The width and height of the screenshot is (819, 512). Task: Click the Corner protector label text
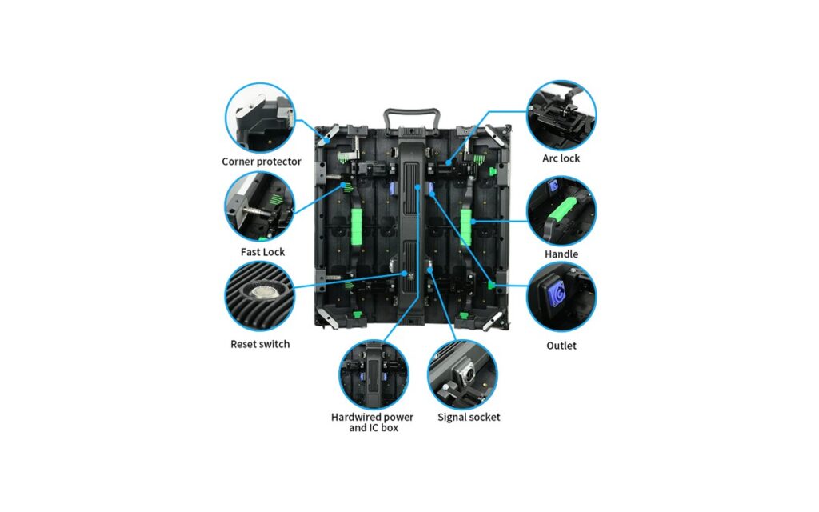(262, 162)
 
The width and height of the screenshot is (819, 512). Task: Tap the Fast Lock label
(262, 252)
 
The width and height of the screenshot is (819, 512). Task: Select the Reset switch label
(260, 344)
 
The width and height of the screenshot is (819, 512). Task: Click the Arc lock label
(561, 158)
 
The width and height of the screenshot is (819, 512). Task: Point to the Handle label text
(561, 254)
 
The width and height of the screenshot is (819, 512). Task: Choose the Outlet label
(561, 346)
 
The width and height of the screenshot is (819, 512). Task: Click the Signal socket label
(469, 417)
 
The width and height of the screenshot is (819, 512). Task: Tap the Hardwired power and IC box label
(373, 422)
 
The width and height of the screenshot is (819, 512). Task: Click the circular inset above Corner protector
(260, 118)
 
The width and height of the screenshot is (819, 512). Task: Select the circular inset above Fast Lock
(260, 207)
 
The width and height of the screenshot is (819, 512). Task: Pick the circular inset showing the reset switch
(260, 296)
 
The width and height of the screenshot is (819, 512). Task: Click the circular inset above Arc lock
(561, 115)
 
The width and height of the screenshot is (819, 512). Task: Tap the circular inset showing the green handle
(561, 210)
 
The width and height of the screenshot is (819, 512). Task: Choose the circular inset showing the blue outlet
(561, 298)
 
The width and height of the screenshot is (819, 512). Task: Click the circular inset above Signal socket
(462, 374)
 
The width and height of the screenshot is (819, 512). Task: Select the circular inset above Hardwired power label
(374, 374)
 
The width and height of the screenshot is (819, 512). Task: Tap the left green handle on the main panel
(356, 226)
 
